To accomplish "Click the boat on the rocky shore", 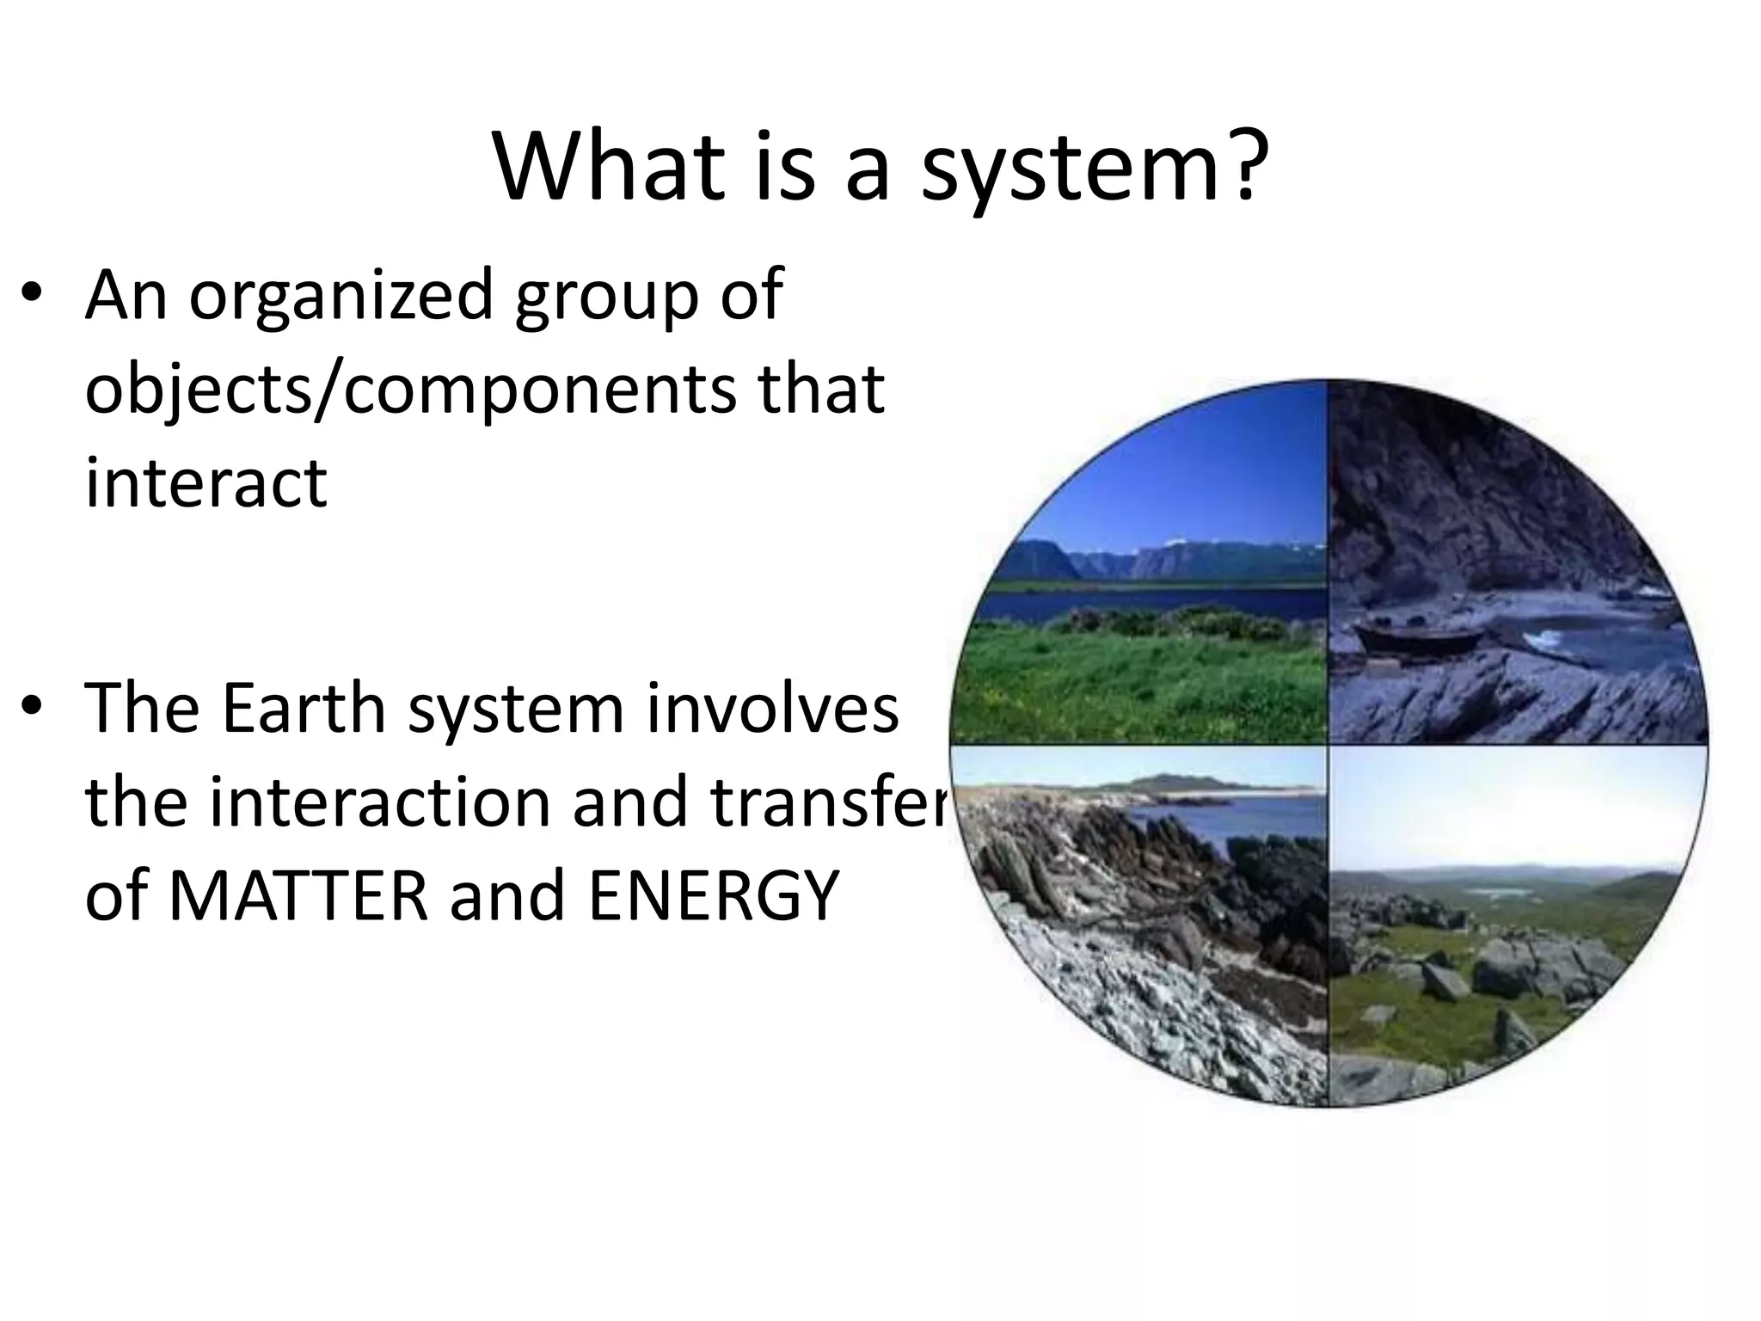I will coord(1419,637).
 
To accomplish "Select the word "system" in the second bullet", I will coord(516,710).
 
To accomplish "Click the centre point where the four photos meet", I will coord(1328,744).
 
